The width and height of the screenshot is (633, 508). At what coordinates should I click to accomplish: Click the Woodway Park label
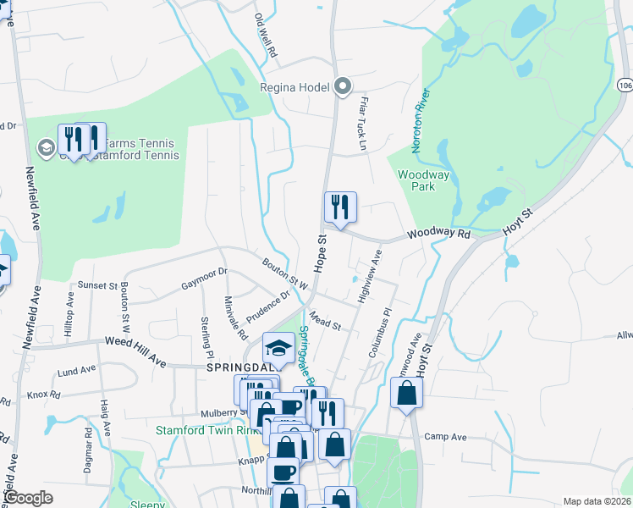coord(416,180)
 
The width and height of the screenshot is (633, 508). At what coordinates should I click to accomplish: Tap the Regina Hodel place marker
coord(343,86)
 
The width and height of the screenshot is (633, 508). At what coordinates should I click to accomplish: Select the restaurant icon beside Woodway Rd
coord(340,207)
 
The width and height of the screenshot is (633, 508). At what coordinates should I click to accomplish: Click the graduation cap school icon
coord(278,347)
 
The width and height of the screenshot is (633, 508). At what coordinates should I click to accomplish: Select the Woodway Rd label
coord(438,233)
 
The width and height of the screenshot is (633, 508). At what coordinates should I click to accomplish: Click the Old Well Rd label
coord(266,35)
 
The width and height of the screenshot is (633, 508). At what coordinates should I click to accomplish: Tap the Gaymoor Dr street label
coord(204,279)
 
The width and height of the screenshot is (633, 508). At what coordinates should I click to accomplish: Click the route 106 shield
coord(624,86)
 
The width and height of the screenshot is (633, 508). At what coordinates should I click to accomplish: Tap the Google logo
coord(28,498)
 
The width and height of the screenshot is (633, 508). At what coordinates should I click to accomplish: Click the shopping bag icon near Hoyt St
coord(407,394)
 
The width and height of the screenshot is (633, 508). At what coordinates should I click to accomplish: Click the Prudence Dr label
coord(268,306)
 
